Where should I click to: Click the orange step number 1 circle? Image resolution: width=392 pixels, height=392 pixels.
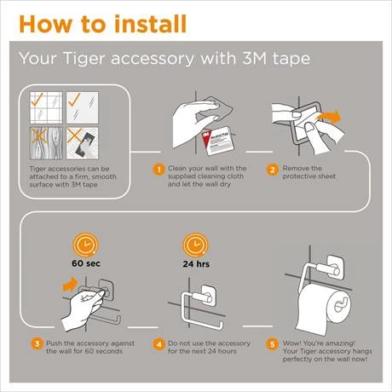[x=158, y=170]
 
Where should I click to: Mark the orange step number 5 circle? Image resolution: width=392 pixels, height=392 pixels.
[x=273, y=344]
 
